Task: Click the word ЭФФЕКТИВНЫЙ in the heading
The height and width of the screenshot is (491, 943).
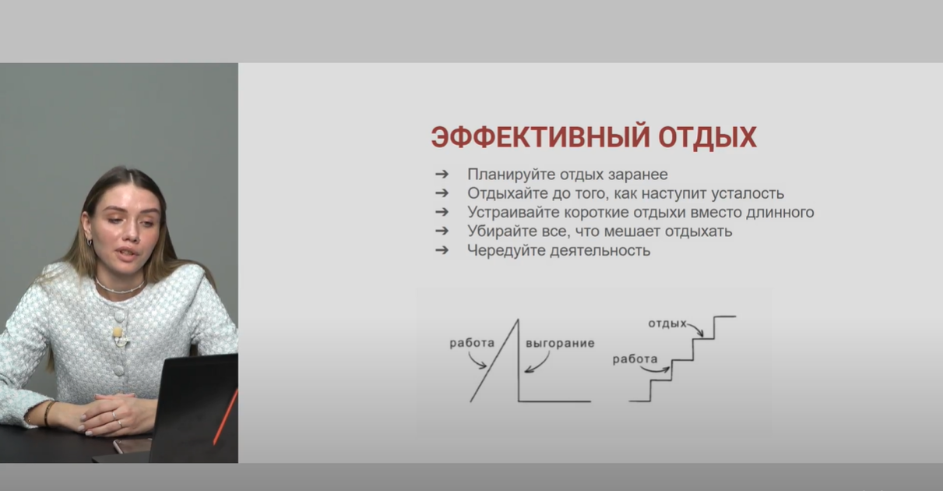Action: click(540, 136)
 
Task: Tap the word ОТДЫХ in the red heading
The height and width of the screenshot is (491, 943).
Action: click(708, 136)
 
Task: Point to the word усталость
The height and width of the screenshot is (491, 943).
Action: click(748, 193)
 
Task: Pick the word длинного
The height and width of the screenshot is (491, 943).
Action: click(780, 213)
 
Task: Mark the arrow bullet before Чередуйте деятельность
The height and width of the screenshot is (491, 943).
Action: click(442, 250)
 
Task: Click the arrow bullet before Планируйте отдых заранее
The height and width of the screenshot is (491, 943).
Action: click(442, 174)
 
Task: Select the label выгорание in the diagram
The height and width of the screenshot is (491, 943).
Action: click(560, 344)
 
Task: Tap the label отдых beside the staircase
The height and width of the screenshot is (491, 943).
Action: click(667, 323)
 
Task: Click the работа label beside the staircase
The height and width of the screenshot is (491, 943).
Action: click(635, 359)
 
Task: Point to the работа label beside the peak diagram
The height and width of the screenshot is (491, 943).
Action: click(472, 343)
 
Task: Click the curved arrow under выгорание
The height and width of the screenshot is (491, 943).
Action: click(542, 366)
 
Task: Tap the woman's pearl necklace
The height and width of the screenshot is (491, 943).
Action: click(118, 288)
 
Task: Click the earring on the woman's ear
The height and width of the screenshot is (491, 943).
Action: click(90, 242)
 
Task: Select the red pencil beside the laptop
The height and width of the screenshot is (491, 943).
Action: click(225, 417)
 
